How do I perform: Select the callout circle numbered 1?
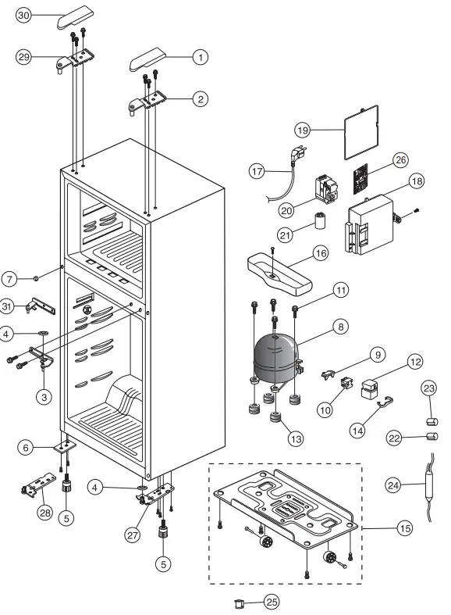[201, 56]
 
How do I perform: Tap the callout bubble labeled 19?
[304, 130]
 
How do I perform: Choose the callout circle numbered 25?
[271, 602]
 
